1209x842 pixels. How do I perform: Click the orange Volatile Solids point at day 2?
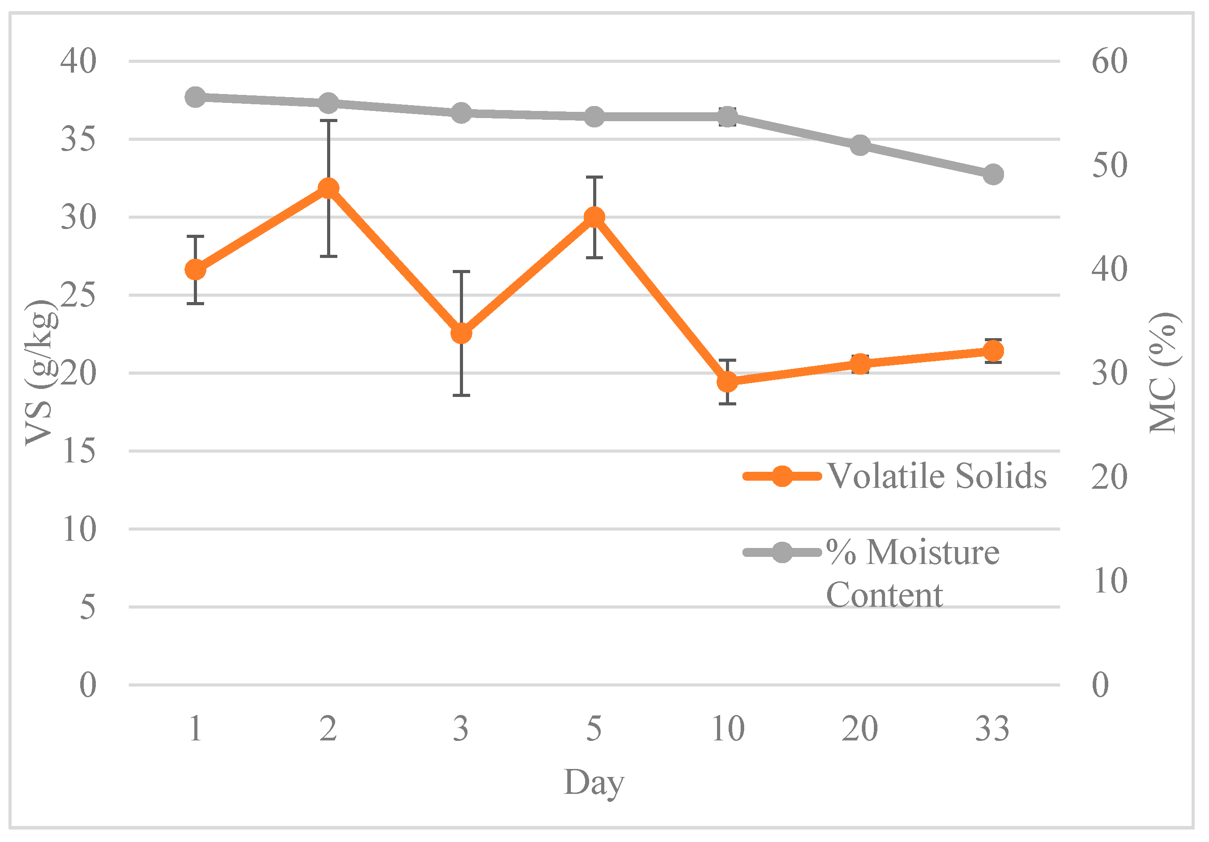point(328,188)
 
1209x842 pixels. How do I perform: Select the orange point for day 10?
point(727,382)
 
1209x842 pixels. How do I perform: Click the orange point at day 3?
point(461,333)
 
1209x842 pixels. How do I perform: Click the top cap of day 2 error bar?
point(328,121)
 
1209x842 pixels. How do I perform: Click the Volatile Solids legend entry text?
point(936,476)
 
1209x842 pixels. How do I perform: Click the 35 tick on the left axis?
point(78,139)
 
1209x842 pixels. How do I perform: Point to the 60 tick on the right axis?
point(1109,61)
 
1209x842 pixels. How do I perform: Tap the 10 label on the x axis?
point(728,729)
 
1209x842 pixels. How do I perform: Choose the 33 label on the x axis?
point(992,729)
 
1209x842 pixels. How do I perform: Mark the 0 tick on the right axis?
point(1100,685)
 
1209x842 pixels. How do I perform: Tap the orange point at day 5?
point(594,217)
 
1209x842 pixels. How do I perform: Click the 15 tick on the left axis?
point(79,451)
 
